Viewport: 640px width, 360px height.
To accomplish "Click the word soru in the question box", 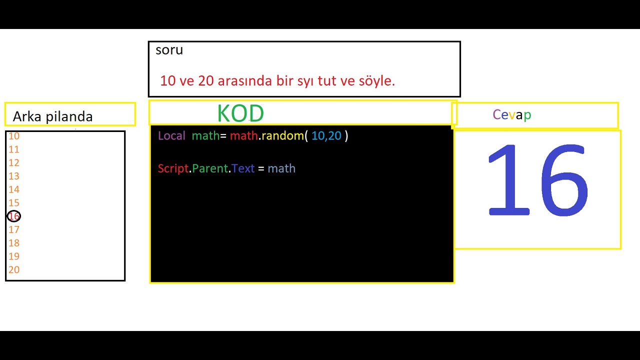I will pos(169,50).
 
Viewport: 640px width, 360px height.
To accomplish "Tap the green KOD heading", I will pos(240,114).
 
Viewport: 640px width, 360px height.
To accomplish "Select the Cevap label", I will pos(511,115).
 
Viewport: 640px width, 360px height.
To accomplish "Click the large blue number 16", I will pos(537,180).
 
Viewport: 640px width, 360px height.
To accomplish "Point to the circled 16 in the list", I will pos(14,216).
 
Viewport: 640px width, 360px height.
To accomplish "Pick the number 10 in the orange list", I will pos(13,136).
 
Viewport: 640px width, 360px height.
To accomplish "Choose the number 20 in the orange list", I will pos(14,270).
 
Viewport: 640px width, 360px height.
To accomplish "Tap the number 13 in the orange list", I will pos(13,176).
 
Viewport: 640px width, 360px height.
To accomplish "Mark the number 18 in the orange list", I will pos(13,243).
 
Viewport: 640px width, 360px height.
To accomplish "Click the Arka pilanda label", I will pos(52,116).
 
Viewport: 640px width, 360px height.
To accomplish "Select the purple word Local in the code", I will pos(171,135).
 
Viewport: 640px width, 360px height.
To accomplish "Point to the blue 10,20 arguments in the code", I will pos(326,135).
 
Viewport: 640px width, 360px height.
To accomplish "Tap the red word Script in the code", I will pos(173,168).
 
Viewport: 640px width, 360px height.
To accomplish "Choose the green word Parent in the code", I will pos(210,168).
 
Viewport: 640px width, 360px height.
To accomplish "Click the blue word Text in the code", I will pos(243,168).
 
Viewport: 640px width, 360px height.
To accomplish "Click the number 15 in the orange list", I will pos(13,203).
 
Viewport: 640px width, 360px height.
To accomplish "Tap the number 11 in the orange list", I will pos(13,149).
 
